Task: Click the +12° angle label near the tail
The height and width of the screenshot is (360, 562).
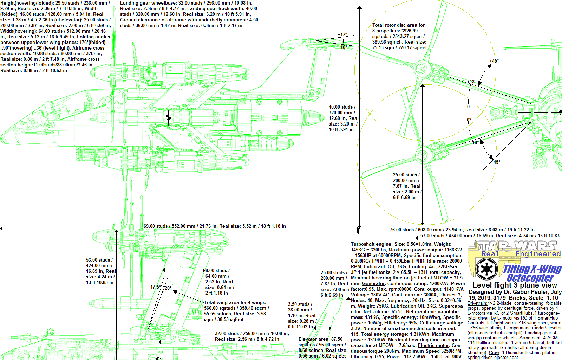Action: tap(342, 34)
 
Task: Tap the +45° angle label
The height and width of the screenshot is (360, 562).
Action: tap(494, 61)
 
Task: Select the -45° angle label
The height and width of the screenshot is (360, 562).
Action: tap(496, 162)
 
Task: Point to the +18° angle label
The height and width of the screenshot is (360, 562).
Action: tap(472, 82)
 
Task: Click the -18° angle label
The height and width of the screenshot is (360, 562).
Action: tap(475, 142)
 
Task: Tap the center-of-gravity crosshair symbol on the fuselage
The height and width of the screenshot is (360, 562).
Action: tap(168, 117)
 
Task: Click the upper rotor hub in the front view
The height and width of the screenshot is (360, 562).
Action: tap(421, 68)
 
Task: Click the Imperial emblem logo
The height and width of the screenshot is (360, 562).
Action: tap(486, 269)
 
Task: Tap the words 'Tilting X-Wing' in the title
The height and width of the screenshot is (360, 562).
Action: tap(532, 269)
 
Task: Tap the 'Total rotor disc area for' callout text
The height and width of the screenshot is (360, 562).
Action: tap(398, 25)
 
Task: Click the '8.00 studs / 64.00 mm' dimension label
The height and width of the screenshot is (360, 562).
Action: tap(218, 270)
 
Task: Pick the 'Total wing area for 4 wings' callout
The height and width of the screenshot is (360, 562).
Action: tap(235, 302)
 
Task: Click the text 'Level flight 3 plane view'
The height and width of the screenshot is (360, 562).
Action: tap(515, 285)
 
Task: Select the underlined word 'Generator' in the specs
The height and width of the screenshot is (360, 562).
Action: tap(373, 283)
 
